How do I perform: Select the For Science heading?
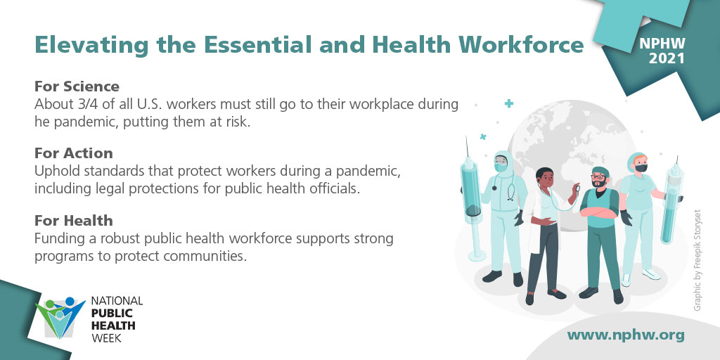pyautogui.click(x=77, y=86)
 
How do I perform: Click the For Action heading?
pyautogui.click(x=74, y=153)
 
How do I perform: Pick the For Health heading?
pyautogui.click(x=74, y=221)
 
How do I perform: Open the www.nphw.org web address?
pyautogui.click(x=625, y=335)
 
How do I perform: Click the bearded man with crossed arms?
pyautogui.click(x=600, y=225)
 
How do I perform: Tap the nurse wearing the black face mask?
pyautogui.click(x=639, y=211)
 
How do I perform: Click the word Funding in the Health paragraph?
pyautogui.click(x=59, y=238)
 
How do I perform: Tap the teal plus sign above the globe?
pyautogui.click(x=509, y=103)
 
